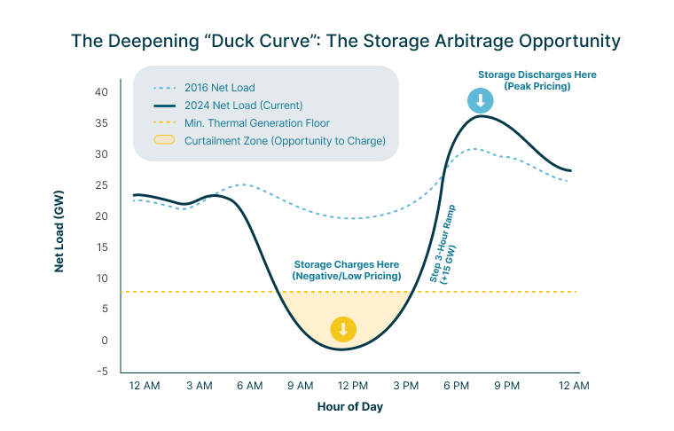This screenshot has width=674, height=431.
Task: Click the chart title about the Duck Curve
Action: pyautogui.click(x=345, y=42)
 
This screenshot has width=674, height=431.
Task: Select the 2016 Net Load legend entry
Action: pyautogui.click(x=219, y=88)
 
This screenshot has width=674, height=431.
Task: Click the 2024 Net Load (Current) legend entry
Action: pyautogui.click(x=242, y=105)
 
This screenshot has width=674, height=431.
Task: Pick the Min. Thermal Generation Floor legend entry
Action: pyautogui.click(x=257, y=122)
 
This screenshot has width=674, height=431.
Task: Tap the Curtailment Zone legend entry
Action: pyautogui.click(x=284, y=140)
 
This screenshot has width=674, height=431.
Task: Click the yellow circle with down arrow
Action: pyautogui.click(x=343, y=330)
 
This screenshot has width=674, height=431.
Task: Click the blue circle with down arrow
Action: pyautogui.click(x=480, y=100)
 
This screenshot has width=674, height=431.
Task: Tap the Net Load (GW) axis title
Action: pyautogui.click(x=59, y=230)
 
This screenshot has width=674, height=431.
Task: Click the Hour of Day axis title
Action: pyautogui.click(x=350, y=407)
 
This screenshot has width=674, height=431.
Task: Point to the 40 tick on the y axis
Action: pyautogui.click(x=101, y=92)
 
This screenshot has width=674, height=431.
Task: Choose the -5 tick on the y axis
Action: pyautogui.click(x=102, y=372)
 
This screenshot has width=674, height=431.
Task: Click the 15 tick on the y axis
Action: pyautogui.click(x=102, y=247)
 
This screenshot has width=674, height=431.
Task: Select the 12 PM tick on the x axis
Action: pyautogui.click(x=353, y=386)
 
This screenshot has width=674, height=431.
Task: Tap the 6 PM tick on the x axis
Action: pyautogui.click(x=456, y=386)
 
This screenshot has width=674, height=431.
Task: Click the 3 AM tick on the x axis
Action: pyautogui.click(x=199, y=386)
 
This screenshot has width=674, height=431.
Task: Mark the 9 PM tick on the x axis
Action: pyautogui.click(x=506, y=386)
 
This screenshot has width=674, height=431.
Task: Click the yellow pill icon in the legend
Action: pyautogui.click(x=165, y=140)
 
